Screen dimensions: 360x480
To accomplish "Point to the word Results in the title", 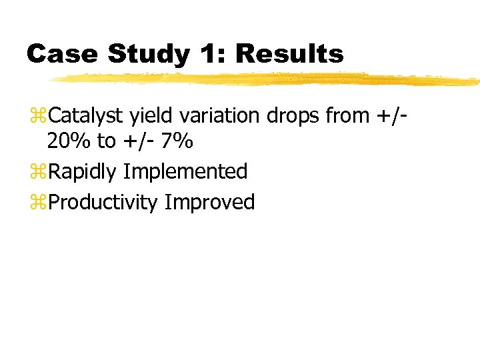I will (290, 53).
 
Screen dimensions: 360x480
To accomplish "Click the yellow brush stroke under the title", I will (267, 79).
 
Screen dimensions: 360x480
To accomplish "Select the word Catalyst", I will (86, 116).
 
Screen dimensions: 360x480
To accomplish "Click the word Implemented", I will (185, 173).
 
